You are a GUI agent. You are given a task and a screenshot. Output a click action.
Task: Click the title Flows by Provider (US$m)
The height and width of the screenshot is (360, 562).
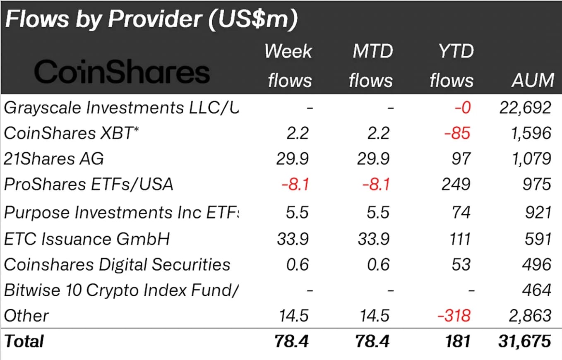click(x=151, y=19)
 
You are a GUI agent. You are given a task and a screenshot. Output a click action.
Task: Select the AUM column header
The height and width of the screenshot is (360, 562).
click(x=533, y=79)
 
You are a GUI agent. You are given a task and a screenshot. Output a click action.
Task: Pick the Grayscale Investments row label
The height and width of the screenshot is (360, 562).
click(x=121, y=108)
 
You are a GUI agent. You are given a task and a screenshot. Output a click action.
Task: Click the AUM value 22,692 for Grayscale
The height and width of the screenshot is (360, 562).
click(x=525, y=108)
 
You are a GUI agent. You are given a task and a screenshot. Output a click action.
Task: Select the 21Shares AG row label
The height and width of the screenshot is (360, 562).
click(x=54, y=158)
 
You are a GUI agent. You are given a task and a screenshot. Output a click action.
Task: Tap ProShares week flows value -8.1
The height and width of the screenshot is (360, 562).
click(x=295, y=184)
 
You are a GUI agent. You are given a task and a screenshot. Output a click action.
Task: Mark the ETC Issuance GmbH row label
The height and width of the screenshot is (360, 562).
click(x=87, y=239)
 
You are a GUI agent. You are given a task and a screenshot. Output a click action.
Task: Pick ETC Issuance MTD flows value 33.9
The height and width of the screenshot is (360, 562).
click(x=373, y=239)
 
